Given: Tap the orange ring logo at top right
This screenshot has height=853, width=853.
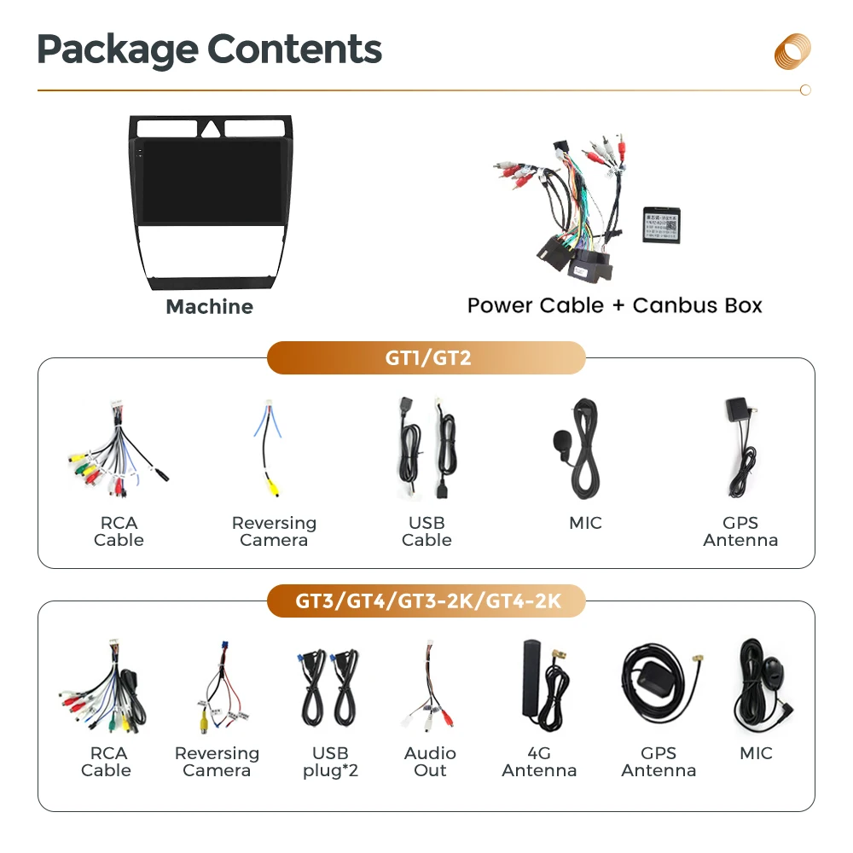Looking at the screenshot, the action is [x=792, y=50].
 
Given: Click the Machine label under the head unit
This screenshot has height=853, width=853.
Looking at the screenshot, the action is [x=209, y=307].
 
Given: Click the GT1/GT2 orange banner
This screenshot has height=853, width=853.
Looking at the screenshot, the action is [x=426, y=358].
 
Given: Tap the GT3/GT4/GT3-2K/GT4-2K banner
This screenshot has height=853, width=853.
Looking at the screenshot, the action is [x=426, y=601].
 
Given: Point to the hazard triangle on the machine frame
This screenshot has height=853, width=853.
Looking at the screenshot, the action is [x=210, y=130].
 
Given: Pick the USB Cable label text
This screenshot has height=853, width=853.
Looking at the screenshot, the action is [x=426, y=531].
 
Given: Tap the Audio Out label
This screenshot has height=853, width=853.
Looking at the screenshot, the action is [x=430, y=762].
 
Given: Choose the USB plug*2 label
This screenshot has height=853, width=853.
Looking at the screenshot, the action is [x=330, y=762].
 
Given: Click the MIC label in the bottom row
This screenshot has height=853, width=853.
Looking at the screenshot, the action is [x=756, y=753].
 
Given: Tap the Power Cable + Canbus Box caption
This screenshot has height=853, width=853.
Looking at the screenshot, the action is [x=614, y=305].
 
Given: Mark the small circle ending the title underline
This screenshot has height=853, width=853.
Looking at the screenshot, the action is [x=805, y=90].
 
